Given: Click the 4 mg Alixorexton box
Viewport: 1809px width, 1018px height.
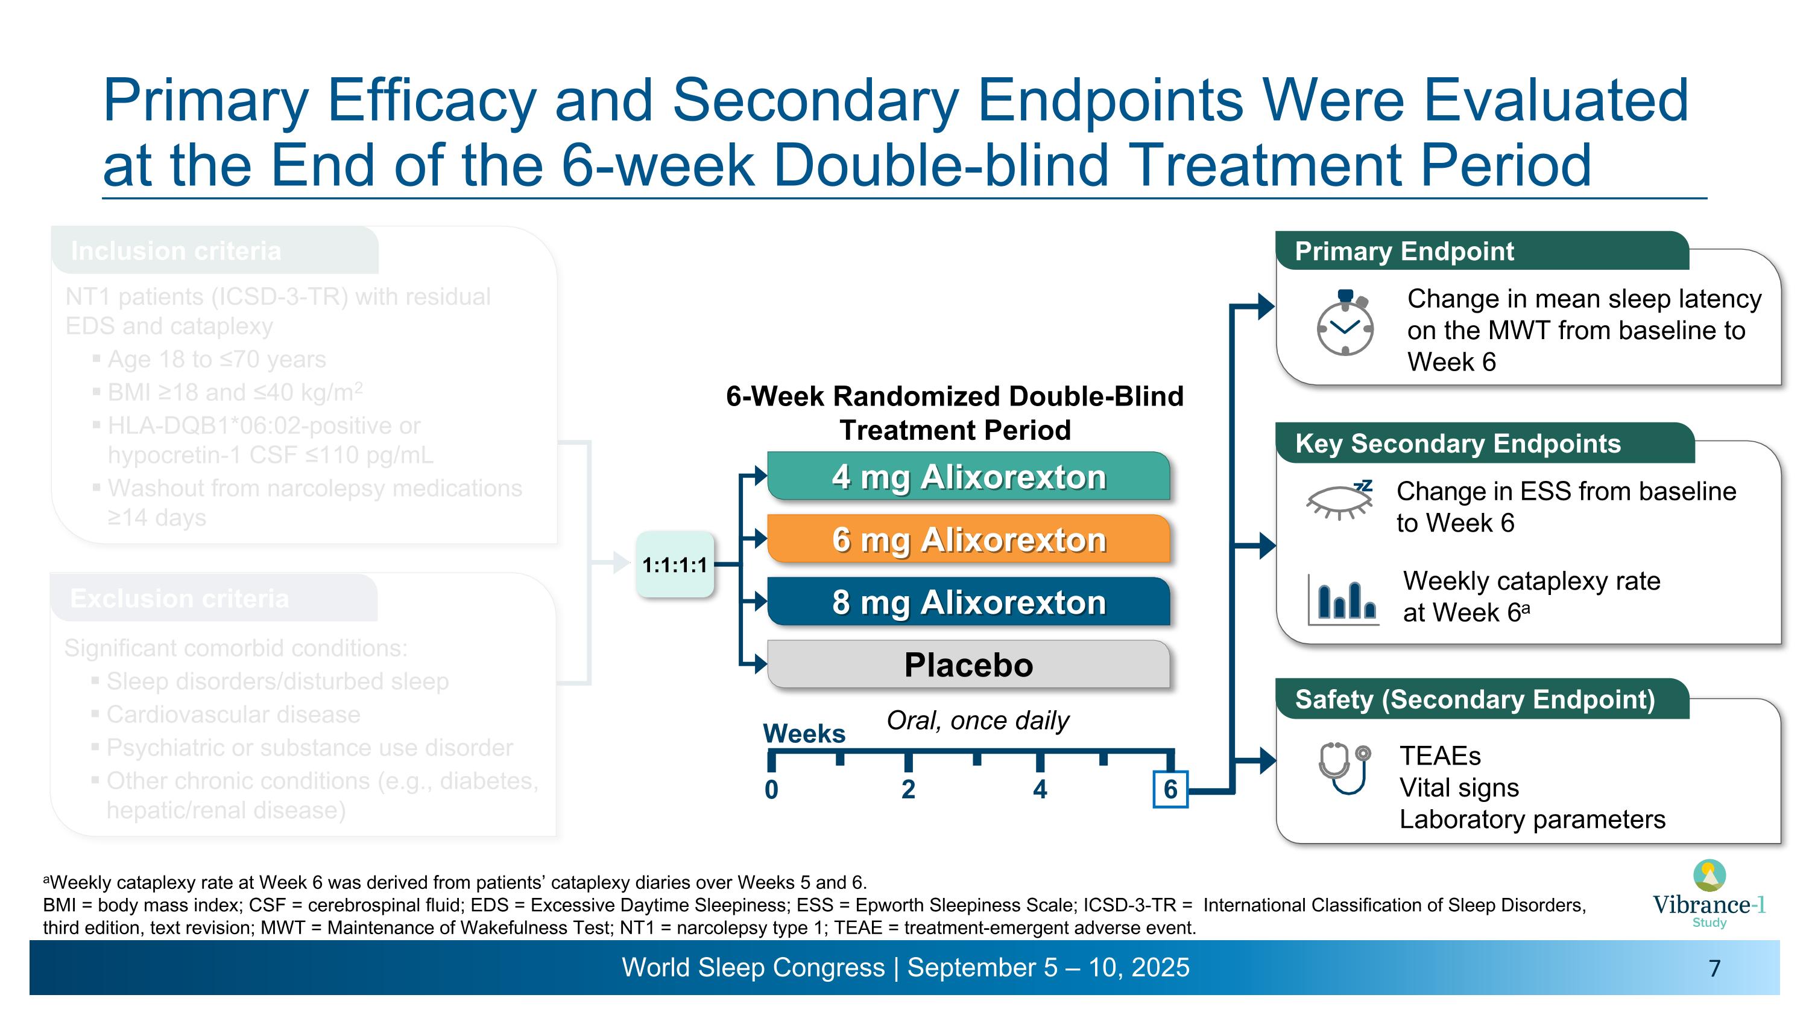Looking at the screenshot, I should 968,476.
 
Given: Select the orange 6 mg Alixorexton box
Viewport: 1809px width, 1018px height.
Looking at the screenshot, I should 968,539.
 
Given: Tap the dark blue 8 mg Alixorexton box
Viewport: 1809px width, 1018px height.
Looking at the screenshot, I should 968,602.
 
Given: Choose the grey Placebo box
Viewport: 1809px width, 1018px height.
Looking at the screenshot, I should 968,664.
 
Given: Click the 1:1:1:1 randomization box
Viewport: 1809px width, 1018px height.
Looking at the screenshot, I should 674,565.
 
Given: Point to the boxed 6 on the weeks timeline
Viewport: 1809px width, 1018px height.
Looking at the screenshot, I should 1170,789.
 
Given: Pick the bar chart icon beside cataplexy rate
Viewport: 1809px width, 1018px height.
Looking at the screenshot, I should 1343,599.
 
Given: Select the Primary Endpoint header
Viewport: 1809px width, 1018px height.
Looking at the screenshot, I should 1404,251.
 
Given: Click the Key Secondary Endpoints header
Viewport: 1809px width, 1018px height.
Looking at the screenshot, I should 1458,444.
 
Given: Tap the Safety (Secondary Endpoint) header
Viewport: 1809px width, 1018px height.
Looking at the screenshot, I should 1475,699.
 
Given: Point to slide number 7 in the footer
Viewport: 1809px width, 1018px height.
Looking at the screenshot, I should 1714,968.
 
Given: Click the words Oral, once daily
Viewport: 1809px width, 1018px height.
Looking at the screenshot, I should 977,720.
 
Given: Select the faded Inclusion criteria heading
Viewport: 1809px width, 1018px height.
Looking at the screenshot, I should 175,251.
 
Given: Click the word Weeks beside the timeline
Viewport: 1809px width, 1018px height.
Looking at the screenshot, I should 804,733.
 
